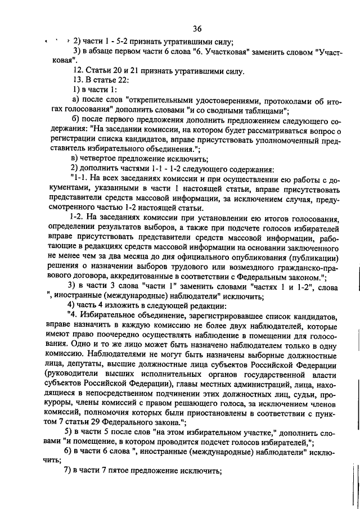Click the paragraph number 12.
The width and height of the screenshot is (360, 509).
[78, 71]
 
